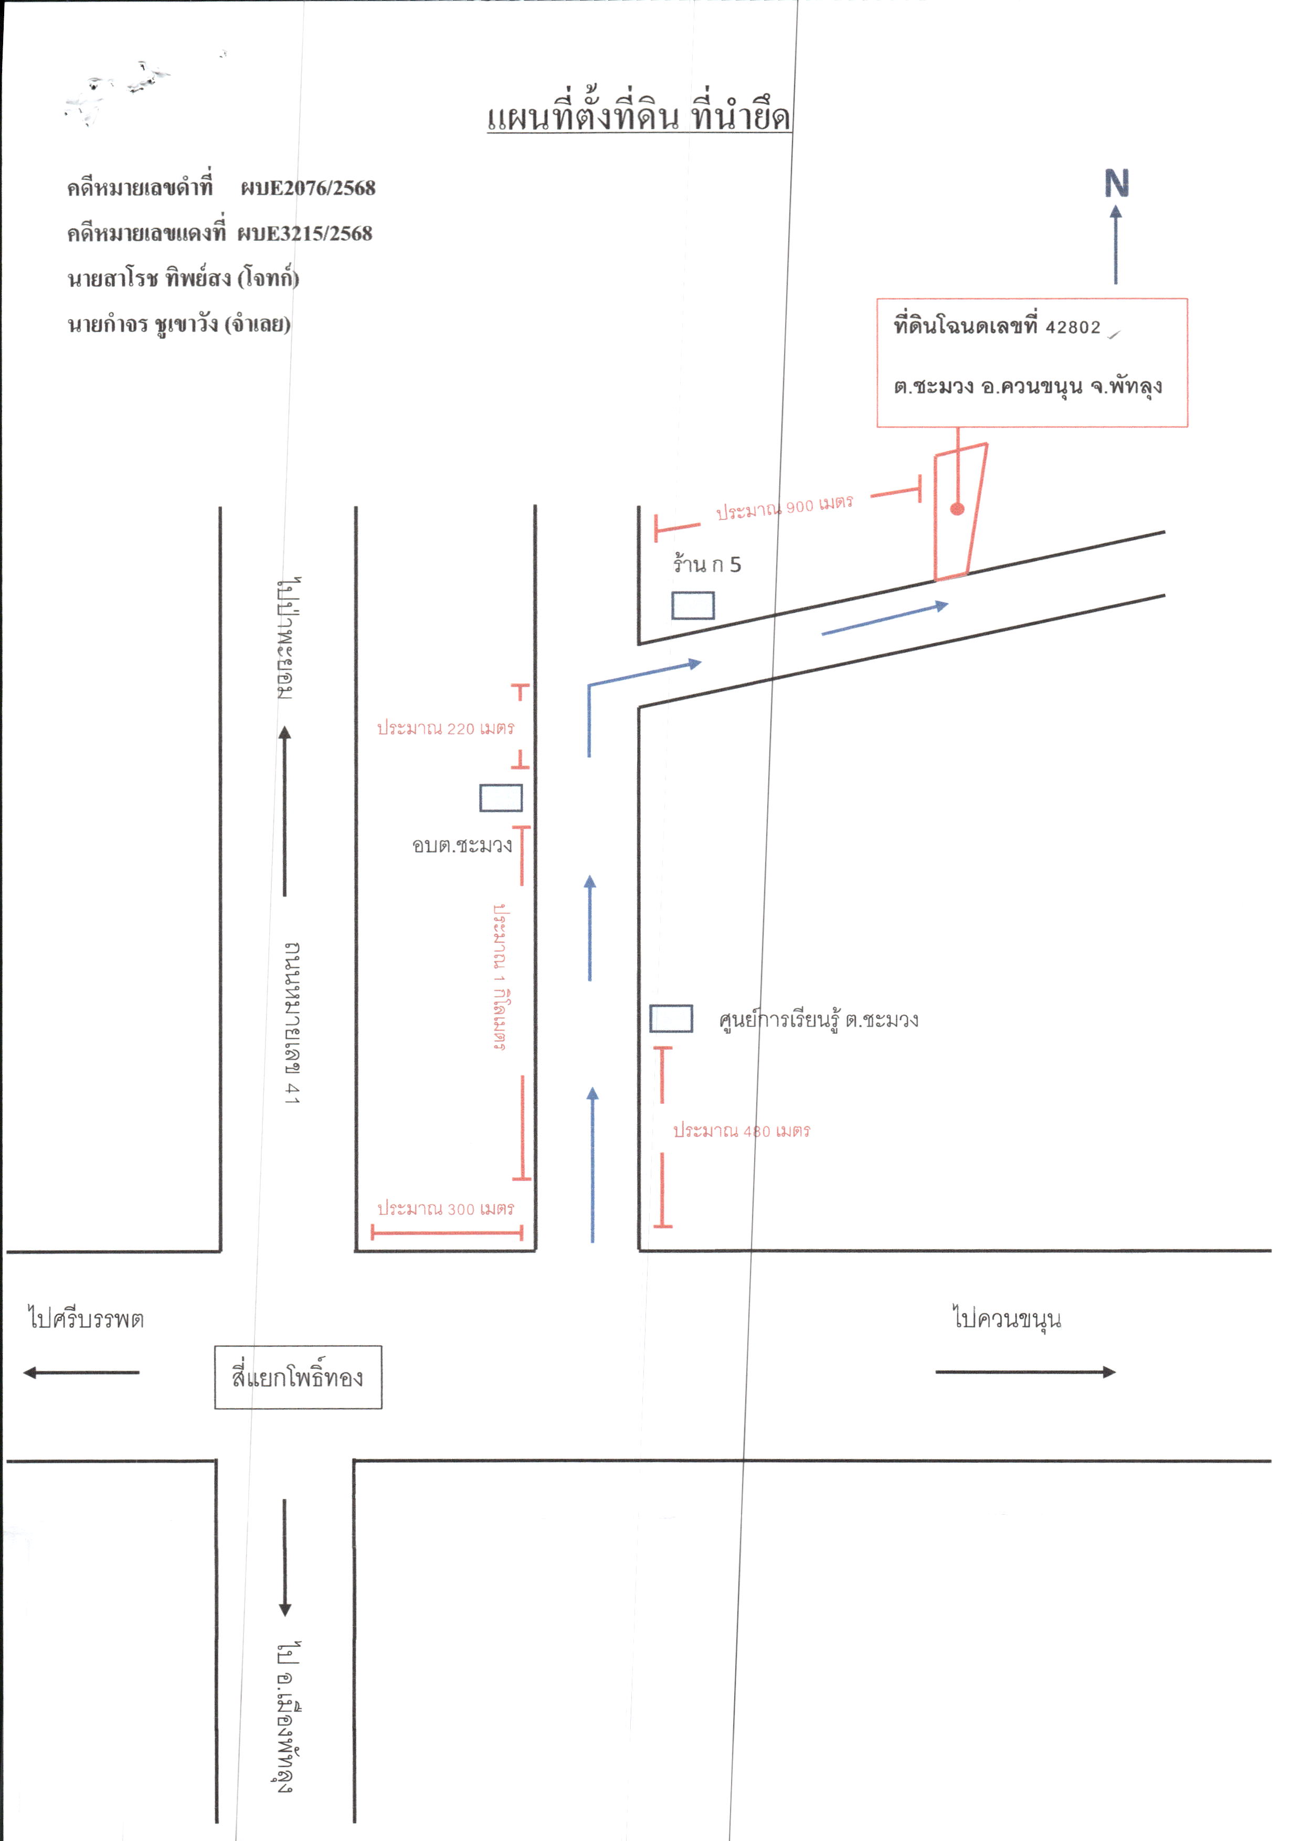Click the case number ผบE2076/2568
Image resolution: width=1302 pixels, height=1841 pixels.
[x=308, y=188]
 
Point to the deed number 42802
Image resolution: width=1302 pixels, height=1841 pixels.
[x=1073, y=327]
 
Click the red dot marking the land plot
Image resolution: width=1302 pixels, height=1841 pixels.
[x=957, y=508]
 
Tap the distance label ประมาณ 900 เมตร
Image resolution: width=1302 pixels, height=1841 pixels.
[x=785, y=507]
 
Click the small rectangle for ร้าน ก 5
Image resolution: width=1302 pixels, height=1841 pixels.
[x=693, y=605]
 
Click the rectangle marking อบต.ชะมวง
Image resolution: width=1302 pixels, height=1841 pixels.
[x=501, y=798]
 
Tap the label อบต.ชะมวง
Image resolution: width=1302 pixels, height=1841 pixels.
[x=462, y=845]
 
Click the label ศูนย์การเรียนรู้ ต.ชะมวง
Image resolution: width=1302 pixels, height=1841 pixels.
[x=818, y=1019]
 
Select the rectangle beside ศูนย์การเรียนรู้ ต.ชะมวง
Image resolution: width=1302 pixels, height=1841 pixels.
[x=671, y=1018]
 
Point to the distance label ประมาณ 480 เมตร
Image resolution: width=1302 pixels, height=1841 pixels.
[x=741, y=1131]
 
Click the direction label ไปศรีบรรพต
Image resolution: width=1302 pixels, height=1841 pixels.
[x=86, y=1318]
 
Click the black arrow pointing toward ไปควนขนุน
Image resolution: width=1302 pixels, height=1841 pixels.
[x=1026, y=1372]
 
